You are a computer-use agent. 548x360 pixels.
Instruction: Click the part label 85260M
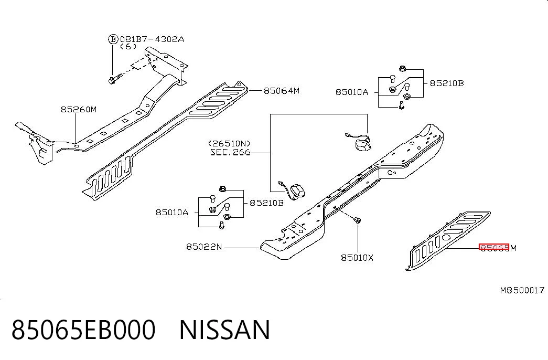click(79, 110)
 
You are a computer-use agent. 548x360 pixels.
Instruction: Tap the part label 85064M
click(281, 91)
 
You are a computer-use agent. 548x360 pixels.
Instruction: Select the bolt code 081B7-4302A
click(152, 39)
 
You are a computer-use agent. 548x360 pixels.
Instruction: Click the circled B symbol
click(113, 39)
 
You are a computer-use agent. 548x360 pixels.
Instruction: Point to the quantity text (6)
click(128, 47)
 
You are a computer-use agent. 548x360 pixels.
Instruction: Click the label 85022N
click(204, 247)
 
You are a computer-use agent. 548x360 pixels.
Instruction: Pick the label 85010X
click(357, 258)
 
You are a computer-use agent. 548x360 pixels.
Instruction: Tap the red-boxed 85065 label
click(494, 247)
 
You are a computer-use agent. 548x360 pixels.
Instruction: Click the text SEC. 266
click(230, 152)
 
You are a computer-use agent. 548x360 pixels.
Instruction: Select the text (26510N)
click(229, 143)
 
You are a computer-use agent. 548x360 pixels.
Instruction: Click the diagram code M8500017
click(522, 290)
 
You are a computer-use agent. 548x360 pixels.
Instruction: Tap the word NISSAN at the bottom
click(225, 329)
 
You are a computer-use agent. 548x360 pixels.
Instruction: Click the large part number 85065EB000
click(83, 329)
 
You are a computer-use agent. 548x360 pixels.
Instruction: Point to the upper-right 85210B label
click(446, 83)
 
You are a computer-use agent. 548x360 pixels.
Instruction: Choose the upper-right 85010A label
click(352, 92)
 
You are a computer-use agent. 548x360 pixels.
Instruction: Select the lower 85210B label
click(266, 203)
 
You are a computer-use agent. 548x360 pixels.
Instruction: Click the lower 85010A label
click(172, 213)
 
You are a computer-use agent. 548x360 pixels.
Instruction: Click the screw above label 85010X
click(357, 220)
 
